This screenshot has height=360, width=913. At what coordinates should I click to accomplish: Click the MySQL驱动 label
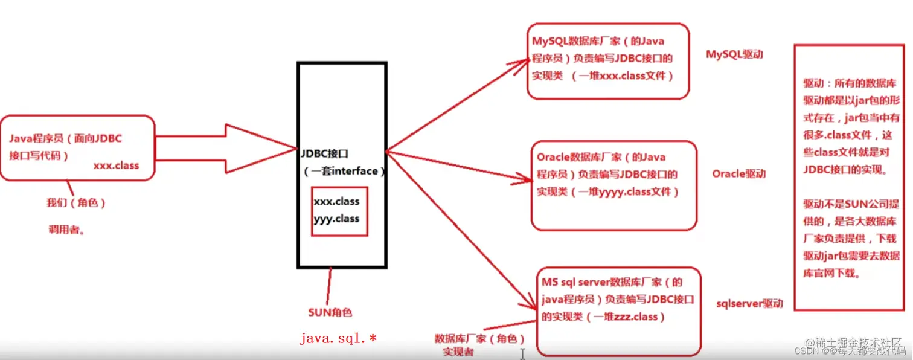pyautogui.click(x=734, y=54)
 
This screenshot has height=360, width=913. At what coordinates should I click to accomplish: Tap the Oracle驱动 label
pyautogui.click(x=738, y=174)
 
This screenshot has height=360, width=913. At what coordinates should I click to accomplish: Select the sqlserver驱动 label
pyautogui.click(x=749, y=303)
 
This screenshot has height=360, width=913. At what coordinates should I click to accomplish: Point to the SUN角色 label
pyautogui.click(x=330, y=313)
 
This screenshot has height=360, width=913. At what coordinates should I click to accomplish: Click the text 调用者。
pyautogui.click(x=66, y=230)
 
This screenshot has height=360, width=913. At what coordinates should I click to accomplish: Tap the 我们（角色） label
pyautogui.click(x=76, y=204)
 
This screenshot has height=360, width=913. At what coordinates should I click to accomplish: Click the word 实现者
pyautogui.click(x=458, y=352)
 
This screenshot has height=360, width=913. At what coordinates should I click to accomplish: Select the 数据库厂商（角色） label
pyautogui.click(x=479, y=338)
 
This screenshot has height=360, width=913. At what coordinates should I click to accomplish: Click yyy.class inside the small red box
pyautogui.click(x=336, y=219)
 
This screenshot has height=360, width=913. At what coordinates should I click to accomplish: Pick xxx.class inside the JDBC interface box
pyautogui.click(x=336, y=201)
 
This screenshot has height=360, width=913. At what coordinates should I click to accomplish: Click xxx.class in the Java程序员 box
pyautogui.click(x=116, y=166)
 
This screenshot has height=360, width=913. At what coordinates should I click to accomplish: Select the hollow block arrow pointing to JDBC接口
pyautogui.click(x=223, y=149)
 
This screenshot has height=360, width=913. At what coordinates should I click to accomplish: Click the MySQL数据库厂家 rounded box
pyautogui.click(x=607, y=60)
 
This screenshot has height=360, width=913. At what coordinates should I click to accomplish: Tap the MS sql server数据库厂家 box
pyautogui.click(x=618, y=311)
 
